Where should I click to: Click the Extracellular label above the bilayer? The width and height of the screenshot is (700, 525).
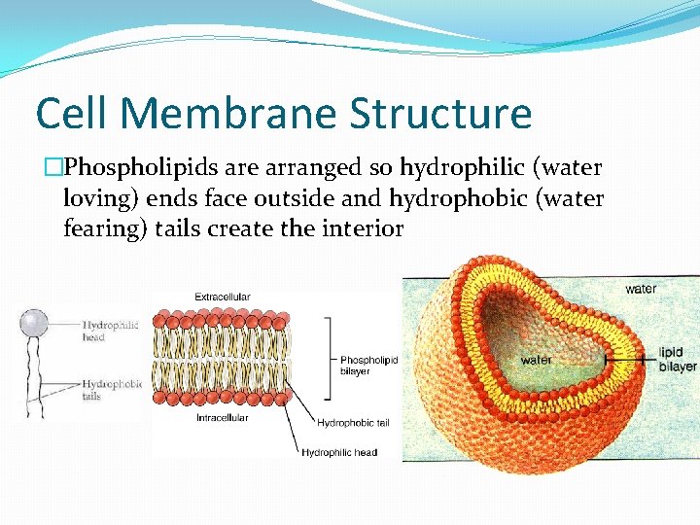(x=223, y=297)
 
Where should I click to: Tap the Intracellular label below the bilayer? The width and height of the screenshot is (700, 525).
(x=222, y=418)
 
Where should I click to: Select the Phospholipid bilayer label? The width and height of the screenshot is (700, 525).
(x=368, y=366)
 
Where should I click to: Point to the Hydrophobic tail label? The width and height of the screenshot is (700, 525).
(x=354, y=423)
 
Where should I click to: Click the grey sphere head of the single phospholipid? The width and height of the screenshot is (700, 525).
(x=35, y=323)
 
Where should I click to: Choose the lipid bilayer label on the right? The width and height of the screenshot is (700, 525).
(x=678, y=359)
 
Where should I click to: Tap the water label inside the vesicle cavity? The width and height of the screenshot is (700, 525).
(x=536, y=360)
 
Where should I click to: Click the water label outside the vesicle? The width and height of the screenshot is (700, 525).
(x=641, y=289)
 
